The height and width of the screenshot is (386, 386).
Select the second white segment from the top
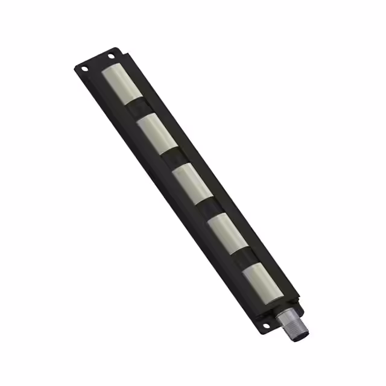coord(157,133)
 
